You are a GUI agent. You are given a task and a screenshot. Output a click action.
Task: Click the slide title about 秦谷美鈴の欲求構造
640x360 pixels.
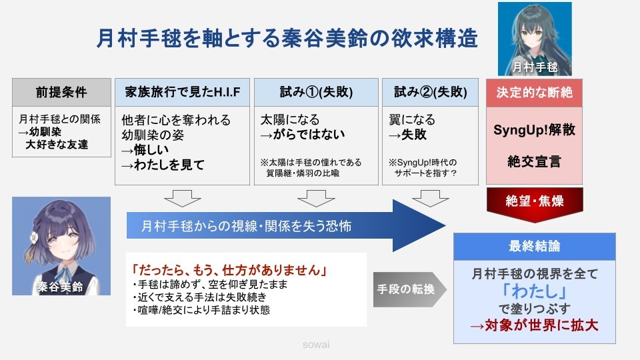(287, 39)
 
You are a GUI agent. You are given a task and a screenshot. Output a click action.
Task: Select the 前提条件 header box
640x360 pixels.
(61, 92)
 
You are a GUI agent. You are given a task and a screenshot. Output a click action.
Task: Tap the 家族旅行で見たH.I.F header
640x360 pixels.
(182, 92)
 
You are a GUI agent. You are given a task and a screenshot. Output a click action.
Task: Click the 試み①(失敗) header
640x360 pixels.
(316, 92)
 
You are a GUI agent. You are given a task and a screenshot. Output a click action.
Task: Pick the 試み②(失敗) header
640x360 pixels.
(430, 92)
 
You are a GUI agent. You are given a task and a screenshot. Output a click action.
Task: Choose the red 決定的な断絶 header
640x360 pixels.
(534, 93)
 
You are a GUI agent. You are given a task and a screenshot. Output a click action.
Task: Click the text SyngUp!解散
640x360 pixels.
(534, 130)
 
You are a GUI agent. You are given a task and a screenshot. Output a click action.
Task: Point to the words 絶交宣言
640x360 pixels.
(534, 161)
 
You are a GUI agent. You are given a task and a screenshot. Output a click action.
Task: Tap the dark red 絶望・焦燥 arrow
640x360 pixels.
(535, 204)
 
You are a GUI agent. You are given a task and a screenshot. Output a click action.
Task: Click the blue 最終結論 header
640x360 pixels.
(534, 246)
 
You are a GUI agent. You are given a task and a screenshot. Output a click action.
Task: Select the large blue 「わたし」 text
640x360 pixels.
(534, 291)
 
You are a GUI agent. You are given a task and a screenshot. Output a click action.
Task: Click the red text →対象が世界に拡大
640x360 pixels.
(534, 325)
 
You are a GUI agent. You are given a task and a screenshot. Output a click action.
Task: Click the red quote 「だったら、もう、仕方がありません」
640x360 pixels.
(229, 270)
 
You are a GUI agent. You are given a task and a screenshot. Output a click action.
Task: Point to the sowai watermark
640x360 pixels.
(316, 345)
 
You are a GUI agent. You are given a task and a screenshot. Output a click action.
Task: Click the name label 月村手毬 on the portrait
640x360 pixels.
(535, 67)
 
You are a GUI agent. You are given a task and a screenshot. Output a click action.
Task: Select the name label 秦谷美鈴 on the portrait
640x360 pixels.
(61, 287)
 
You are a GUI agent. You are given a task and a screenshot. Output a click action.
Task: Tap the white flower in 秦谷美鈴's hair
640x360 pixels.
(34, 236)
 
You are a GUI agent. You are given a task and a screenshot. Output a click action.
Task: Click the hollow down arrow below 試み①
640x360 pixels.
(316, 198)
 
